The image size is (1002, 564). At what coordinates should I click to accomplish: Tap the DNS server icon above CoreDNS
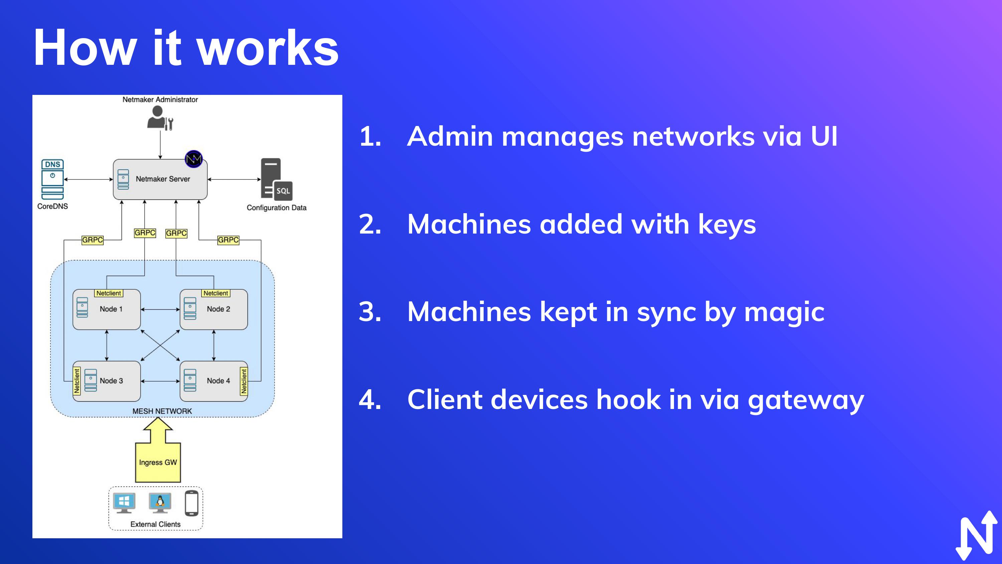coord(52,179)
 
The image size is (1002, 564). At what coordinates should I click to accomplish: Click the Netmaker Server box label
coord(163,179)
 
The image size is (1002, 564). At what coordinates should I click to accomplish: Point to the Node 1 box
coord(107,309)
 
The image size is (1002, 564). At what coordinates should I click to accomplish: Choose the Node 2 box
coord(213,309)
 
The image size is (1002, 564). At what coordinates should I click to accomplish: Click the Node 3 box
coord(107,381)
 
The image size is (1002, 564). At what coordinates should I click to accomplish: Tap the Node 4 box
coord(213,381)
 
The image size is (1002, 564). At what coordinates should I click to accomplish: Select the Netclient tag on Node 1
coord(109,293)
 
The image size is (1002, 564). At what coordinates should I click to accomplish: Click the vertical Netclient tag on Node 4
coord(244,381)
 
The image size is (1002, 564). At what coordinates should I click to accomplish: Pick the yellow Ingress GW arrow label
coord(158,462)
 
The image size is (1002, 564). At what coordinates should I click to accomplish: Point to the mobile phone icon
coord(191,503)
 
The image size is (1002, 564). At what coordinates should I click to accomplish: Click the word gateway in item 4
coord(806,400)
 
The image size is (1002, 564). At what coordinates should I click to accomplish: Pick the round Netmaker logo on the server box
coord(194,159)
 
